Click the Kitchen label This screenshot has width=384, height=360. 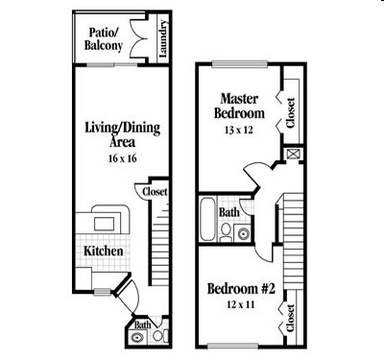coord(104,251)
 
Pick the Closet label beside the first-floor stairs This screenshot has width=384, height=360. coord(155,192)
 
